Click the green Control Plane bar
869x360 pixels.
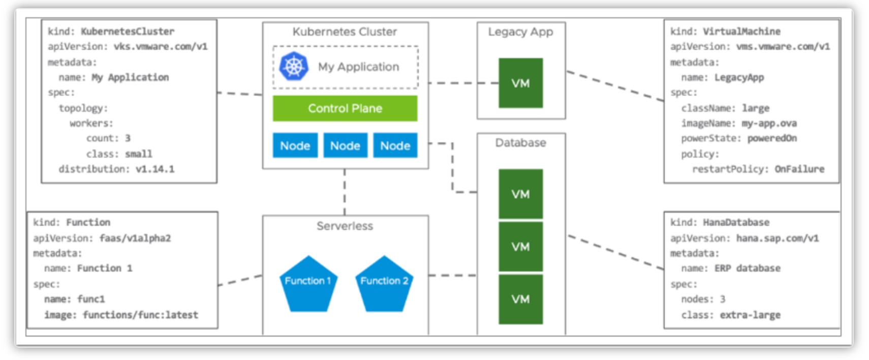click(x=345, y=108)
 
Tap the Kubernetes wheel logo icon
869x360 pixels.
click(x=294, y=66)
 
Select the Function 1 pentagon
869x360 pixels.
click(x=308, y=283)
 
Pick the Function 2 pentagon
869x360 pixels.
click(x=384, y=283)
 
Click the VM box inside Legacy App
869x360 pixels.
click(x=520, y=83)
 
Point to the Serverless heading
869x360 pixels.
click(x=345, y=226)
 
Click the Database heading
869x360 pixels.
click(x=520, y=143)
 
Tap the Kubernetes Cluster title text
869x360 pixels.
click(x=345, y=32)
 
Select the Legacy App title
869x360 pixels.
click(x=520, y=32)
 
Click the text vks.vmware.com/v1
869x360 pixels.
click(x=161, y=46)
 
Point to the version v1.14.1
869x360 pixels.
click(x=155, y=169)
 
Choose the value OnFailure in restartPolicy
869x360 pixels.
click(x=799, y=169)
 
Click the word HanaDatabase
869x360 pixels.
click(x=736, y=222)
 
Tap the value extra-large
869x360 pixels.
click(x=750, y=315)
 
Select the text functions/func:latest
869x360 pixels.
click(x=140, y=315)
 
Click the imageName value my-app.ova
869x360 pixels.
click(x=769, y=123)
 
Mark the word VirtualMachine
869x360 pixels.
click(x=741, y=32)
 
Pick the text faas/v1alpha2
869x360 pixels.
click(x=135, y=238)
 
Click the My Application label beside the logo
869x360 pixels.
click(x=358, y=67)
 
